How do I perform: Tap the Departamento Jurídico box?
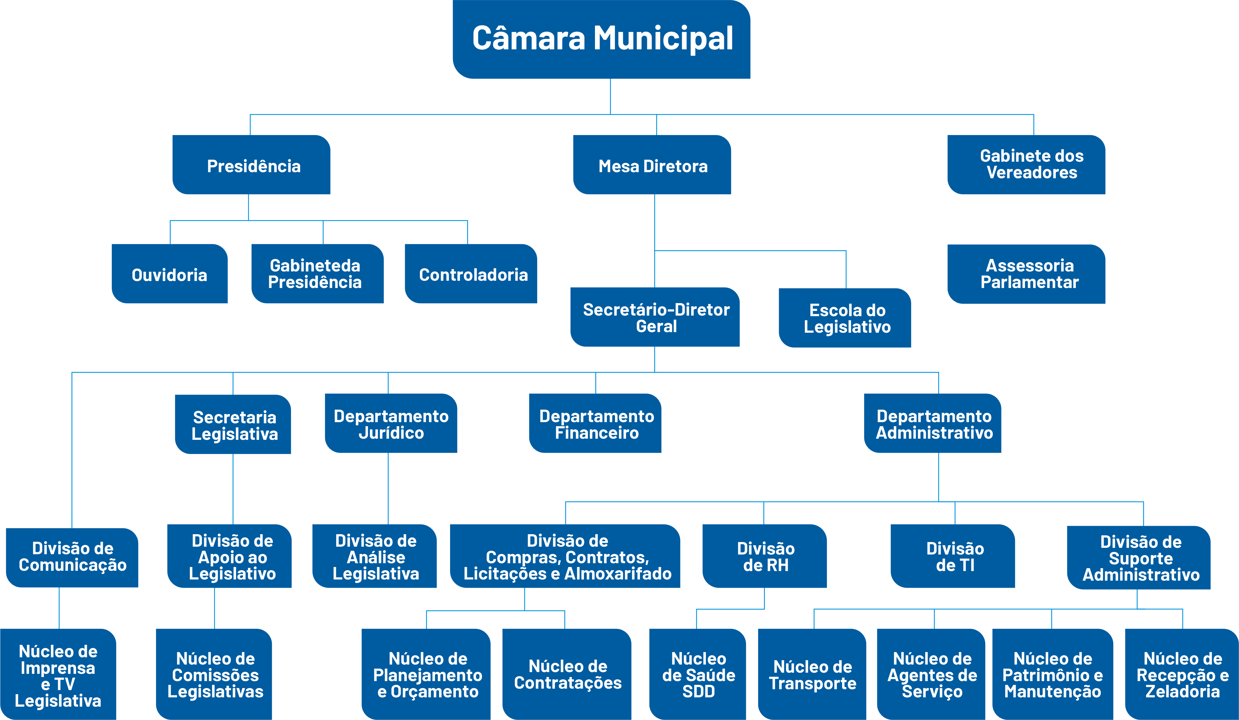coord(391,423)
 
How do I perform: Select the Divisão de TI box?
coord(953,556)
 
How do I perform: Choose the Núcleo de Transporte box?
coord(812,674)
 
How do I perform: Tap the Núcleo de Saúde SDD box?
coord(698,674)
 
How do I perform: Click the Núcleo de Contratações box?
coord(567,674)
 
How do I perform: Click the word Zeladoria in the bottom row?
coord(1182,692)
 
